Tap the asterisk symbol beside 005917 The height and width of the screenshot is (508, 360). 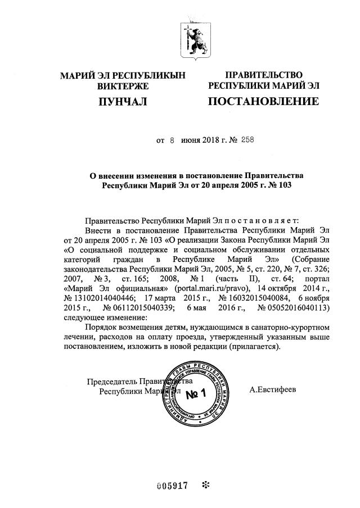pos(205,485)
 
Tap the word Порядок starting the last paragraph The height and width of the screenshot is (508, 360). pos(99,327)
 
